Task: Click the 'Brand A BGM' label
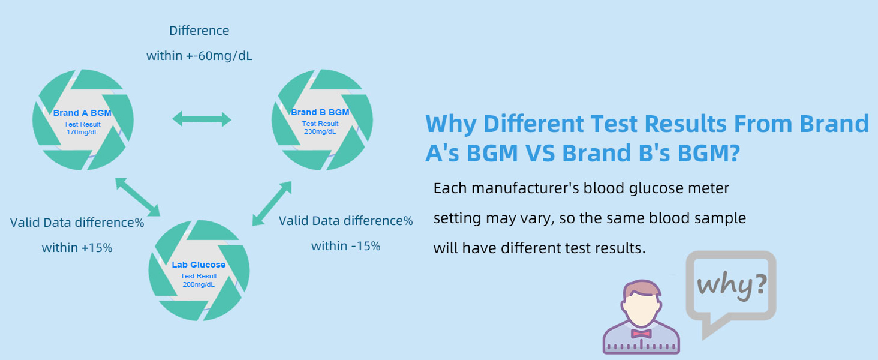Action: click(x=82, y=113)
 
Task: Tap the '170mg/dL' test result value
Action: click(x=82, y=132)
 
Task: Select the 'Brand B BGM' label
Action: click(x=320, y=112)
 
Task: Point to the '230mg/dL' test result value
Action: click(x=320, y=131)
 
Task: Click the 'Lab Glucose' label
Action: click(x=199, y=265)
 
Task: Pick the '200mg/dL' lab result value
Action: click(x=199, y=284)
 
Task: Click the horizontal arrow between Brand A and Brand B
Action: click(x=202, y=119)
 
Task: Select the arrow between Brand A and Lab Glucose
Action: click(x=137, y=197)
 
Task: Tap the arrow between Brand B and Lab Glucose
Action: click(x=272, y=203)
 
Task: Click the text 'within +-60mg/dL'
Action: click(x=199, y=56)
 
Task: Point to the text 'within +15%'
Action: click(x=77, y=248)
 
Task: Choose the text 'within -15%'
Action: click(x=345, y=246)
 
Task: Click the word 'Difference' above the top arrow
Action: click(x=199, y=31)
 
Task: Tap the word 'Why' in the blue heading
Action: click(x=451, y=124)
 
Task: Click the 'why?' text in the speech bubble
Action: click(x=732, y=285)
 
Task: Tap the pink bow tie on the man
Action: click(x=641, y=334)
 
